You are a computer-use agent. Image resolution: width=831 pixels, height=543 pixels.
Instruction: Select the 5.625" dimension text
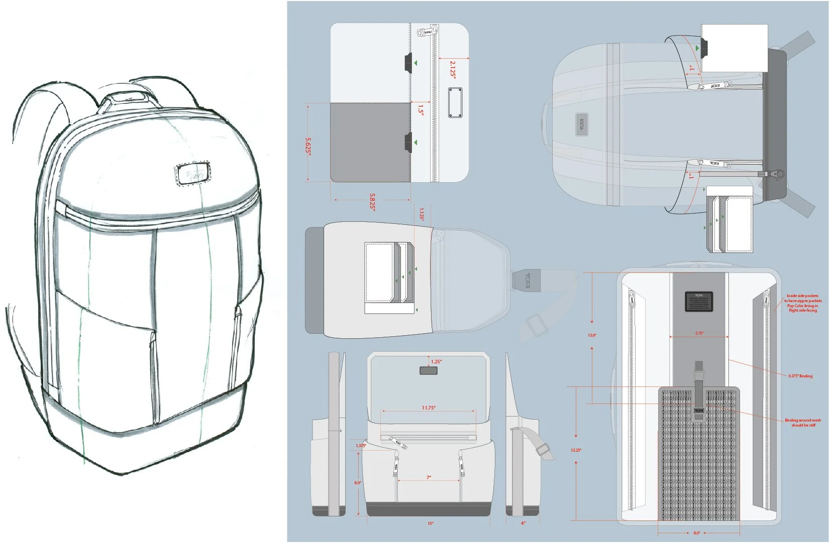308,146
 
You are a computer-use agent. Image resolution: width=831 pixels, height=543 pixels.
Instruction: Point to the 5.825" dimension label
372,201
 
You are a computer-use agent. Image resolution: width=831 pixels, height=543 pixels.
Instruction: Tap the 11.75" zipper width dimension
429,408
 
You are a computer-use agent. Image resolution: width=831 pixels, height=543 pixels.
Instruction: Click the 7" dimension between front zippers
429,477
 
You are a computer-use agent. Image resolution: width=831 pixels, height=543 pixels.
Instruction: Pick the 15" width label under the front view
431,523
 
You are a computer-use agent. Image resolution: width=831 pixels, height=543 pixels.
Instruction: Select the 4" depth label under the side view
523,523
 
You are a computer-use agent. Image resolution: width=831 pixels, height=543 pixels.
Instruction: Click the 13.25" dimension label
576,450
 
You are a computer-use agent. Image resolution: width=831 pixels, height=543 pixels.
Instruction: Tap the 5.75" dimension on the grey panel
699,333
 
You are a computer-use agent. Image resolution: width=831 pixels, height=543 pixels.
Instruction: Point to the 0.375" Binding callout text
800,376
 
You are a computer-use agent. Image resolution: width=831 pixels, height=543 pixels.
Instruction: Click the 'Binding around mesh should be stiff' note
803,423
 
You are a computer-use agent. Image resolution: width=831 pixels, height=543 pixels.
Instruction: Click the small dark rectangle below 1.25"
428,371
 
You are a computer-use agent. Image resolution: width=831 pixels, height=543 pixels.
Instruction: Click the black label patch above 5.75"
699,301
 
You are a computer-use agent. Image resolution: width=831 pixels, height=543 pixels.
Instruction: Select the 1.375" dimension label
361,446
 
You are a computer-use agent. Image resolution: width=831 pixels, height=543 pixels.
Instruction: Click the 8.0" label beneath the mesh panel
697,533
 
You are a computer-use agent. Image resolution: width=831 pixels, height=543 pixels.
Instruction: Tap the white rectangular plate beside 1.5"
455,103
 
